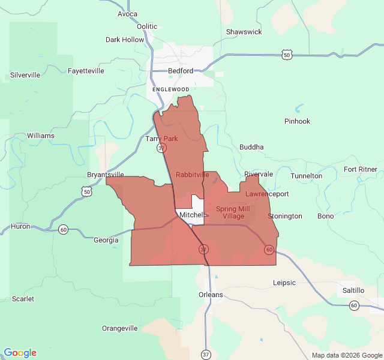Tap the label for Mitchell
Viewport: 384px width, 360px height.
pos(191,215)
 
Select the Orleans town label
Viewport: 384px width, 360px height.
pos(211,295)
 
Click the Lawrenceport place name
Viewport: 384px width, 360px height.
pos(267,194)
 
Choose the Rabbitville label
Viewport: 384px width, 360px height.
pos(193,175)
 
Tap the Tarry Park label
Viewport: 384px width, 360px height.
pos(161,139)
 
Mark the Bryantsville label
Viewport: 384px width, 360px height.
pos(106,175)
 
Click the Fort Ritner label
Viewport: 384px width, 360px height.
pos(361,169)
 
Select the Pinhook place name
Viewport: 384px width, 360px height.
pos(298,121)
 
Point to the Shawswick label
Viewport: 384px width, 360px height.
pos(244,32)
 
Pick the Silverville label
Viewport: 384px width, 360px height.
pos(25,75)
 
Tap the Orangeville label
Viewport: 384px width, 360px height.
pos(120,328)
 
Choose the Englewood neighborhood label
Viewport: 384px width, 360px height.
pos(170,89)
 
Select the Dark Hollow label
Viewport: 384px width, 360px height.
pos(125,40)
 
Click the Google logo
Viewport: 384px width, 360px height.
pos(20,353)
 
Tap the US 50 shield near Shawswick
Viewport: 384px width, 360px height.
pos(287,55)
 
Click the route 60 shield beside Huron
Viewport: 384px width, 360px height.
pos(63,229)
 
